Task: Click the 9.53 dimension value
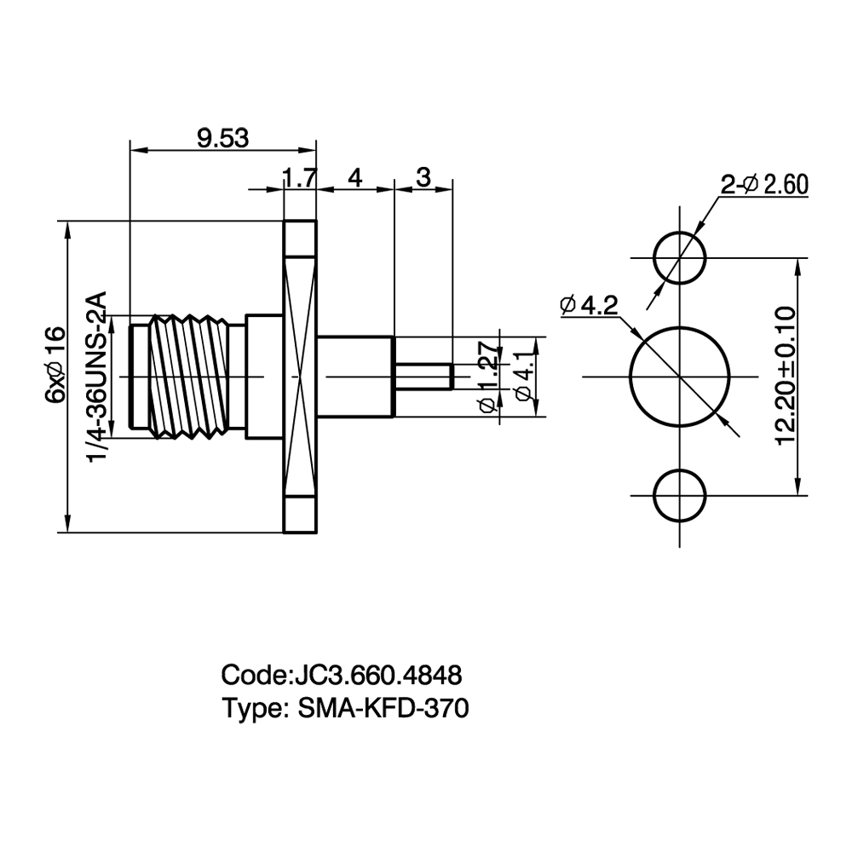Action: pyautogui.click(x=222, y=139)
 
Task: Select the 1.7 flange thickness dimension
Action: pyautogui.click(x=299, y=178)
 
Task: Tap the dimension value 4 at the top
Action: pyautogui.click(x=354, y=178)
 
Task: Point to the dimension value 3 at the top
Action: pyautogui.click(x=423, y=177)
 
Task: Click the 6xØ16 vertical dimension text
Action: pyautogui.click(x=55, y=366)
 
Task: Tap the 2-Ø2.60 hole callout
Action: pyautogui.click(x=764, y=185)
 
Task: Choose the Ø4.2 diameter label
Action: pyautogui.click(x=589, y=306)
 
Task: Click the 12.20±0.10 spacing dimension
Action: pyautogui.click(x=786, y=376)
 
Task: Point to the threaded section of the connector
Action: pyautogui.click(x=187, y=376)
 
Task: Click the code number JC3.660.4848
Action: pyautogui.click(x=377, y=676)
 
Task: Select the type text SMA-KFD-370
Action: pyautogui.click(x=383, y=709)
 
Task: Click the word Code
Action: pyautogui.click(x=254, y=676)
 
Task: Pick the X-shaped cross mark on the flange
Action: pyautogui.click(x=299, y=376)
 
